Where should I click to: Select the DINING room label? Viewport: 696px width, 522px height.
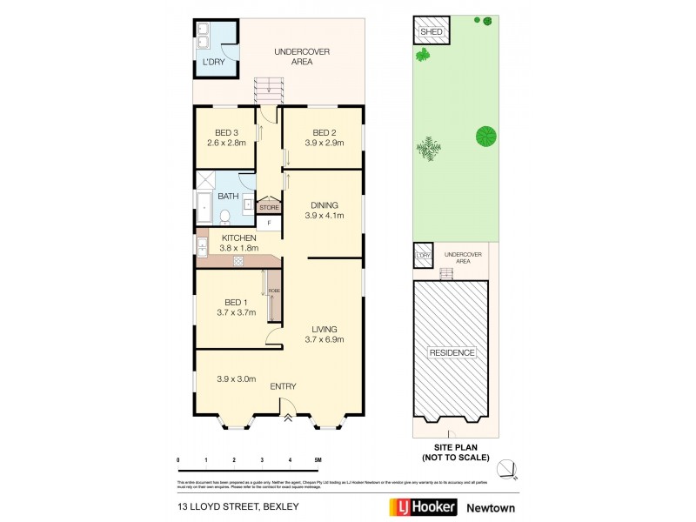pyautogui.click(x=321, y=205)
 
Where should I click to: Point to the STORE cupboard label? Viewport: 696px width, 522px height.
pyautogui.click(x=269, y=208)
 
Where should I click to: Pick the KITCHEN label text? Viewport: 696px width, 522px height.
pyautogui.click(x=238, y=238)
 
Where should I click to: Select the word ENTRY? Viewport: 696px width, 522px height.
pyautogui.click(x=284, y=386)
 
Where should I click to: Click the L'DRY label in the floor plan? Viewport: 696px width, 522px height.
pyautogui.click(x=213, y=63)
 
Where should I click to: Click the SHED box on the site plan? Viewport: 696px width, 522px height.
pyautogui.click(x=432, y=32)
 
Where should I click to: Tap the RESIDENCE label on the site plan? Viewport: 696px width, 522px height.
pyautogui.click(x=452, y=352)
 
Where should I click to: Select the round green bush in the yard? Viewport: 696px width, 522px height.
pyautogui.click(x=486, y=136)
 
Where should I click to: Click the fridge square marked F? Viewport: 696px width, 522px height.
pyautogui.click(x=269, y=223)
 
